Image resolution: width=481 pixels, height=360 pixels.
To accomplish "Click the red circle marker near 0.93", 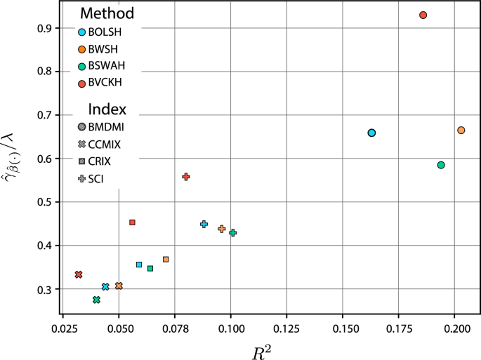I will [423, 15].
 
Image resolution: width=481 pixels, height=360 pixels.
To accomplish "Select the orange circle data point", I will [461, 131].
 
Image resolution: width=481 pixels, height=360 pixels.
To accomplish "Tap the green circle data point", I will [441, 165].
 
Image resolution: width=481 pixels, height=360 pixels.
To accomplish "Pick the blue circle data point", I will [371, 133].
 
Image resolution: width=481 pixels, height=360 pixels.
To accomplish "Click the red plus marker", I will [186, 177].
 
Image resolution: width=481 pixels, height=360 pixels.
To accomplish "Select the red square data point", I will [132, 222].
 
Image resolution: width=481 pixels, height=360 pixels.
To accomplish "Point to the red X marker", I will [79, 274].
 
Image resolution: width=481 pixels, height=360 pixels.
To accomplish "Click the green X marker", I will [96, 300].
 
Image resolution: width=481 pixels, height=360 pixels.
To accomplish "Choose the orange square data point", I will [166, 260].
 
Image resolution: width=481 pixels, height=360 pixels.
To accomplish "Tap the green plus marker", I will [233, 233].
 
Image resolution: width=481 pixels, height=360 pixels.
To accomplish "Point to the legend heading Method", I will [107, 13].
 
